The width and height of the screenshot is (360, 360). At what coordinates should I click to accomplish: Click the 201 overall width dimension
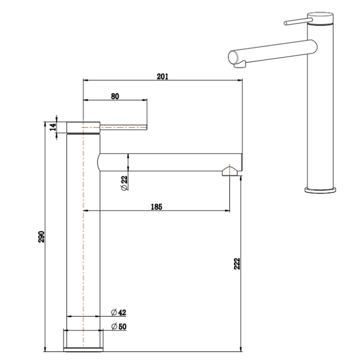[x=162, y=77]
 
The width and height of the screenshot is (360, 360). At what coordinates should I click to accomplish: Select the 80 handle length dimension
[x=115, y=96]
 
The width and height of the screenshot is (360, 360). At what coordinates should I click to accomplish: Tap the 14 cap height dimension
[x=52, y=127]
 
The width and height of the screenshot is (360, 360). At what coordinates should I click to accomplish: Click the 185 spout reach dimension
[x=156, y=207]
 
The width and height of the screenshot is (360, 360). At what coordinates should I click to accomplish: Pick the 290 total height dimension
[x=42, y=237]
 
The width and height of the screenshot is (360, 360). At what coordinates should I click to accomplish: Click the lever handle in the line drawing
[x=124, y=127]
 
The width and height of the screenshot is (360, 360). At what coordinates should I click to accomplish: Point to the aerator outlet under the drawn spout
[x=230, y=172]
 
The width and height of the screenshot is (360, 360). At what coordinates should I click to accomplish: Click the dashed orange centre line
[x=84, y=233]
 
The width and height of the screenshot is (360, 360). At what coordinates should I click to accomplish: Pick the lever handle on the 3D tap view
[x=296, y=22]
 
